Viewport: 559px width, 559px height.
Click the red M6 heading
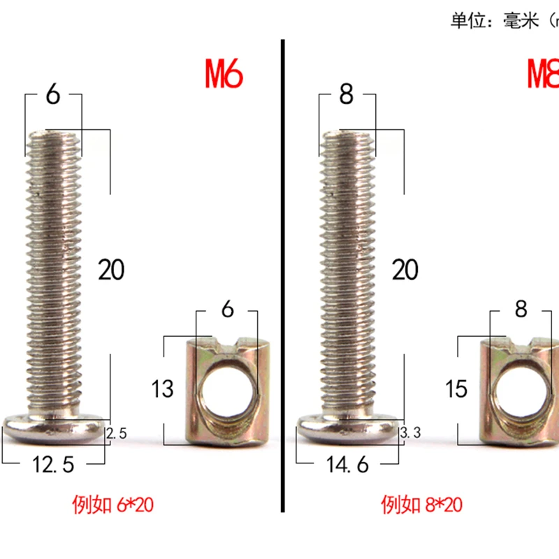(x=224, y=74)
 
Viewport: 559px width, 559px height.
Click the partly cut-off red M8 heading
(x=543, y=74)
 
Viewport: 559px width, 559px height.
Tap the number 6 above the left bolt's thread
(x=53, y=94)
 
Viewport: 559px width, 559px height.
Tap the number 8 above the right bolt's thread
(x=347, y=94)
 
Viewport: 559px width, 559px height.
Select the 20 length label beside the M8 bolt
(x=405, y=270)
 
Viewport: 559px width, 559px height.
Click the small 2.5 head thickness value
(x=117, y=434)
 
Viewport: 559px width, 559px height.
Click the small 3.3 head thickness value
(x=410, y=434)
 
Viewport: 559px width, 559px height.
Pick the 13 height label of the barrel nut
(x=162, y=389)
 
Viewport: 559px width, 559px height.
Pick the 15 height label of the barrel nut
(x=456, y=389)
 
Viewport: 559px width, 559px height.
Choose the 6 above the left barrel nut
(x=227, y=310)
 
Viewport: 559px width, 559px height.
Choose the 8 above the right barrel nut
(x=521, y=310)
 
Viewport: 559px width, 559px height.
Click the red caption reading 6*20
(x=112, y=504)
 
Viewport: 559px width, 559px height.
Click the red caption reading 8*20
(x=421, y=504)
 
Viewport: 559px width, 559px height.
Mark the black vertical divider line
(x=284, y=279)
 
